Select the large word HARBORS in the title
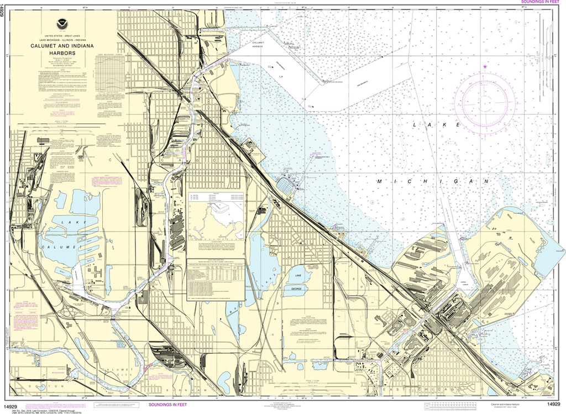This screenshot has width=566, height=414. click(x=61, y=54)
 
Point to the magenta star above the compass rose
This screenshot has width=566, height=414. click(x=485, y=67)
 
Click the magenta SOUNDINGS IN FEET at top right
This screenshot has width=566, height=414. click(x=542, y=2)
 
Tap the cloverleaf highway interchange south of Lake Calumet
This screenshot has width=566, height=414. click(x=114, y=312)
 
